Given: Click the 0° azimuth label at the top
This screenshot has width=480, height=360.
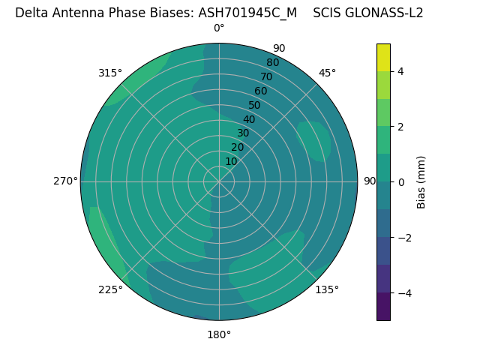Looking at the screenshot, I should pyautogui.click(x=219, y=28).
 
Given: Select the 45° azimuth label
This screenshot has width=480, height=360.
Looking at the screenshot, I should pyautogui.click(x=327, y=73).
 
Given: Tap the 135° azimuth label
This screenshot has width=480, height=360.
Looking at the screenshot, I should pyautogui.click(x=327, y=289).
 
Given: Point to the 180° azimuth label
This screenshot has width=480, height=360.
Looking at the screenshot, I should pyautogui.click(x=219, y=334).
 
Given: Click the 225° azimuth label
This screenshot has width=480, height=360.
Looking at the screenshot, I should pyautogui.click(x=110, y=289).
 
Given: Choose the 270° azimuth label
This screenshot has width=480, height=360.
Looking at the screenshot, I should pyautogui.click(x=65, y=181).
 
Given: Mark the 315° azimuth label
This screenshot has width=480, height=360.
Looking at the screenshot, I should pyautogui.click(x=110, y=73).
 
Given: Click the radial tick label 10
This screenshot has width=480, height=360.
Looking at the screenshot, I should pyautogui.click(x=231, y=161).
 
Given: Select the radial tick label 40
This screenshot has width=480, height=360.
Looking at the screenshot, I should pyautogui.click(x=249, y=119).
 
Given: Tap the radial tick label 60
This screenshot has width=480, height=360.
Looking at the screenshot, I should pyautogui.click(x=260, y=91).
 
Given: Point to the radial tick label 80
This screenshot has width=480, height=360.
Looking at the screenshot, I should pyautogui.click(x=272, y=62).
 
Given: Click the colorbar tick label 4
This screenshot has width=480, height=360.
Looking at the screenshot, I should pyautogui.click(x=401, y=71).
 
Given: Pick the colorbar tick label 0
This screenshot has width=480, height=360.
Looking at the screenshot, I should pyautogui.click(x=401, y=182).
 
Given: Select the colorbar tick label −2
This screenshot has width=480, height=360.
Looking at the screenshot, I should pyautogui.click(x=404, y=238).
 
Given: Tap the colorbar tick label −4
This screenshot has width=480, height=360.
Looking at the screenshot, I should pyautogui.click(x=404, y=293).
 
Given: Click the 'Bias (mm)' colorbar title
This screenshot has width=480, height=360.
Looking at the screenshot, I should pyautogui.click(x=421, y=182).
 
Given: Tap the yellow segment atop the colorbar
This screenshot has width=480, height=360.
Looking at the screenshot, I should pyautogui.click(x=383, y=58).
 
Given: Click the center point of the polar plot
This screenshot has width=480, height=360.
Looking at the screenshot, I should pyautogui.click(x=219, y=181).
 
